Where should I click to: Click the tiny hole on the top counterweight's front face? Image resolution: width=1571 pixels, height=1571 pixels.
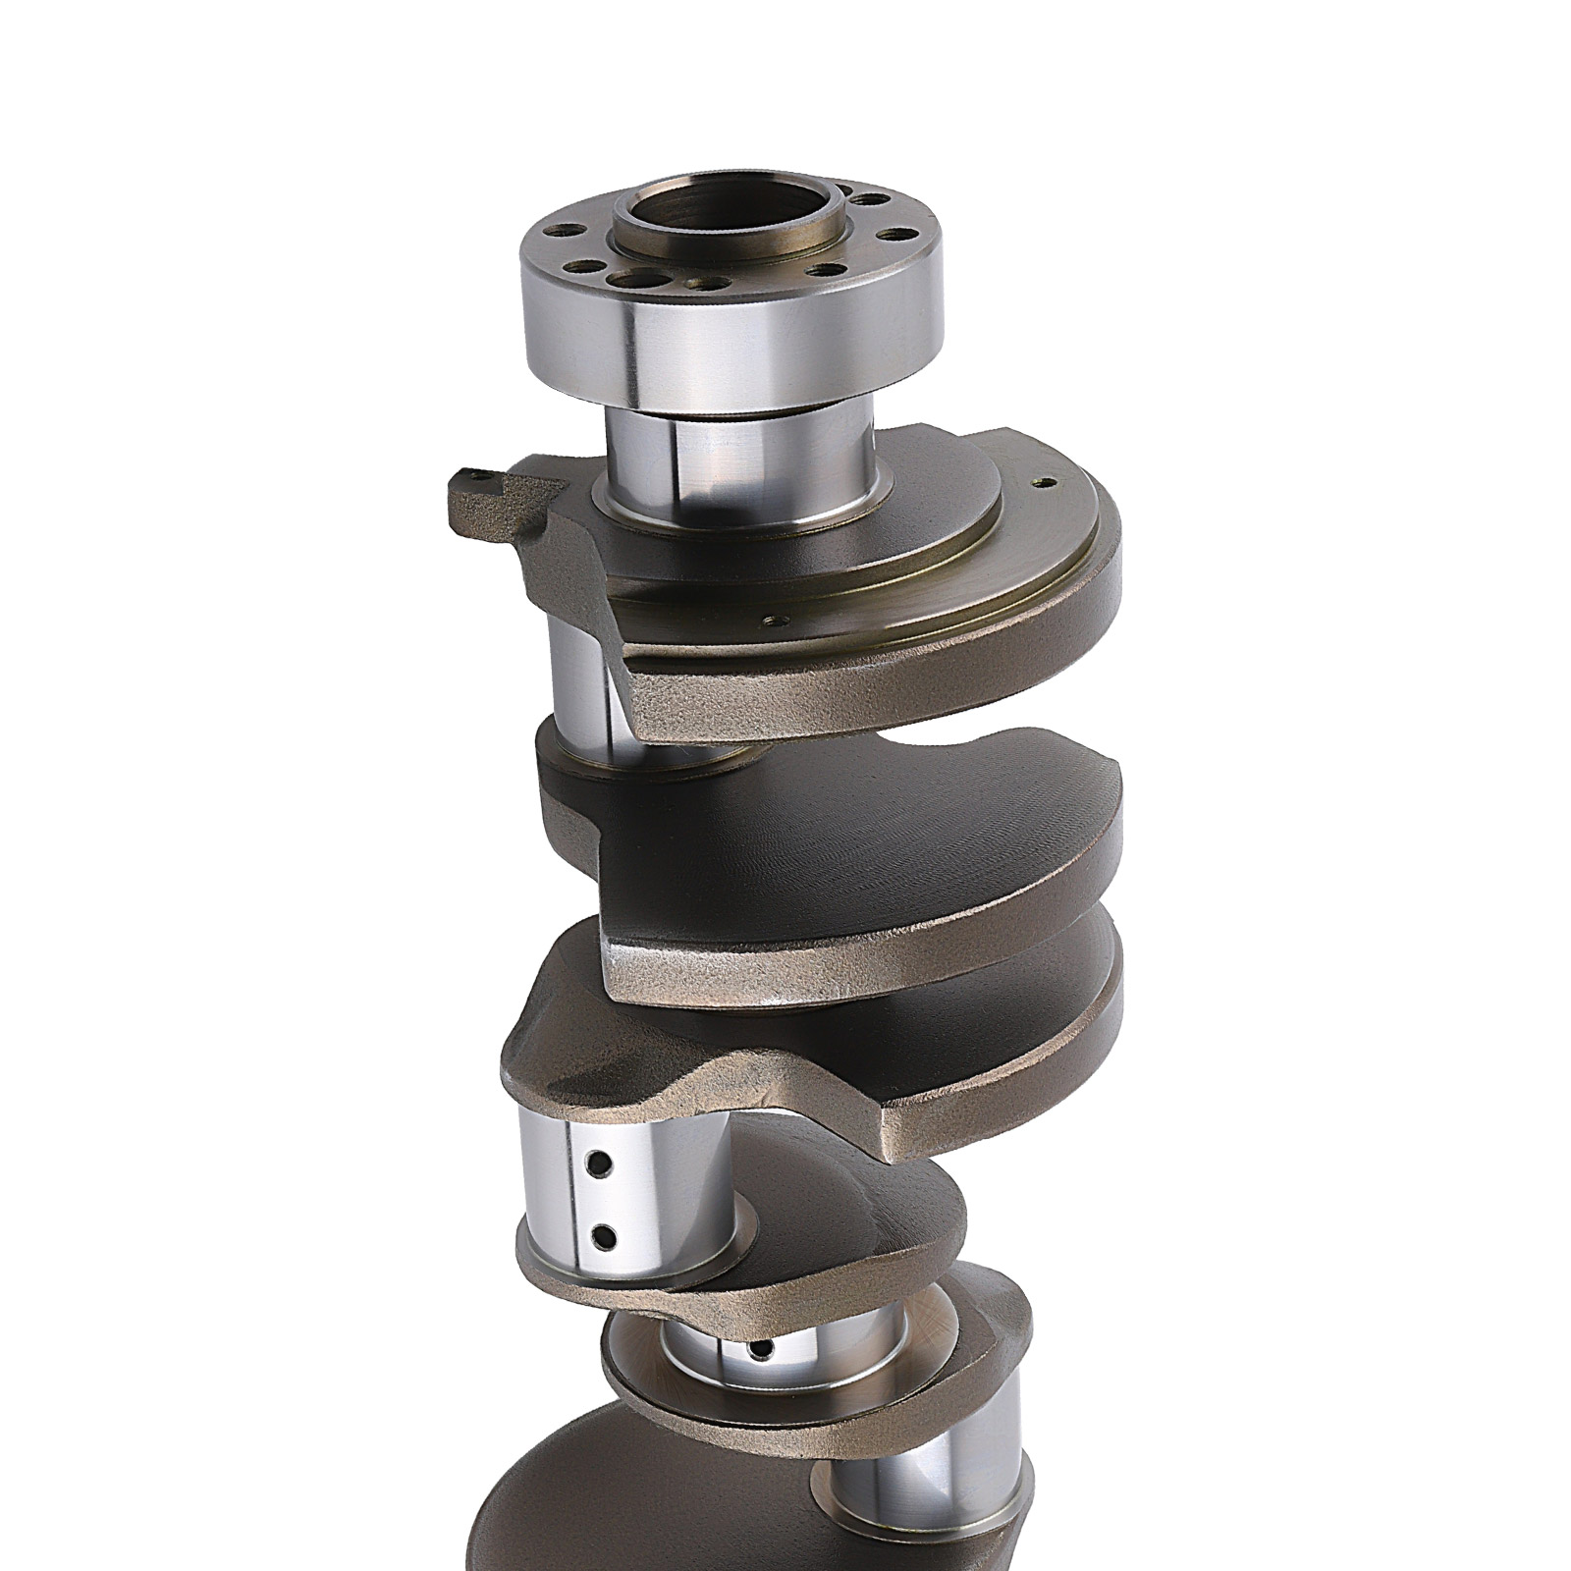click(x=777, y=620)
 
